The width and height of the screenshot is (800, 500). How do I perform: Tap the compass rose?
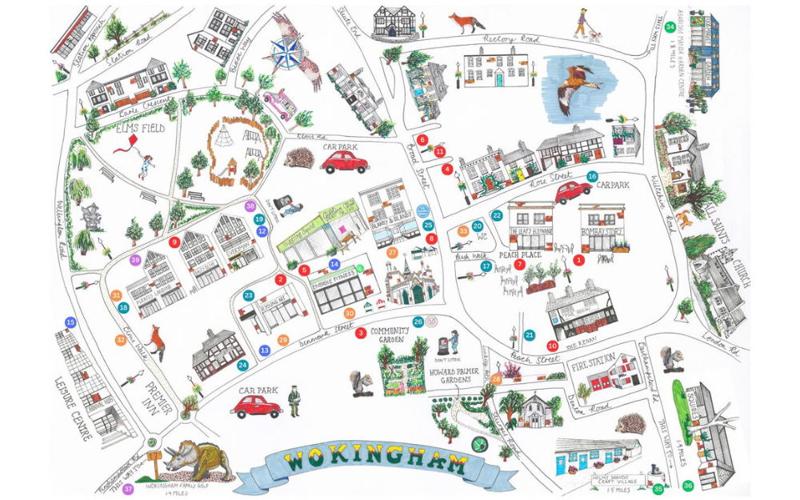click(x=283, y=54)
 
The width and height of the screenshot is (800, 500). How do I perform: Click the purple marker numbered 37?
click(x=128, y=489)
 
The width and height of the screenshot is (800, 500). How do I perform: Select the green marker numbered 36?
click(x=688, y=486)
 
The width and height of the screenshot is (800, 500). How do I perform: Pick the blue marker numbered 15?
click(x=70, y=322)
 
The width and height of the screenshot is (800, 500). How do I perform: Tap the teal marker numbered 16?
click(x=592, y=176)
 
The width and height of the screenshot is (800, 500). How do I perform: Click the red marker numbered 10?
click(x=552, y=346)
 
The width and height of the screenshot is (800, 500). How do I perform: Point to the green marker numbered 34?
click(x=670, y=26)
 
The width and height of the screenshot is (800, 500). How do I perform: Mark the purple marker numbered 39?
click(x=135, y=260)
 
